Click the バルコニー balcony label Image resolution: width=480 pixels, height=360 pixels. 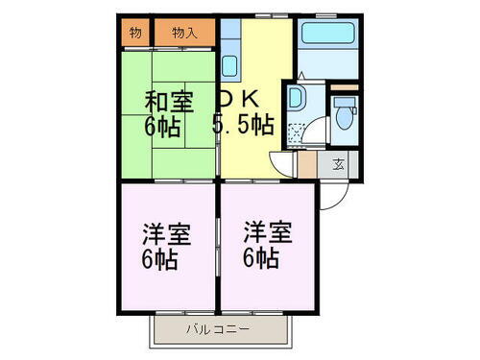pyautogui.click(x=218, y=331)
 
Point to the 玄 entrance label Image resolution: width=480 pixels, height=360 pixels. pyautogui.click(x=339, y=164)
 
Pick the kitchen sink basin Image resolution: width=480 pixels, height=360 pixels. pyautogui.click(x=230, y=67)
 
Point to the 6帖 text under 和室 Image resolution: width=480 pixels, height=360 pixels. pyautogui.click(x=163, y=127)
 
